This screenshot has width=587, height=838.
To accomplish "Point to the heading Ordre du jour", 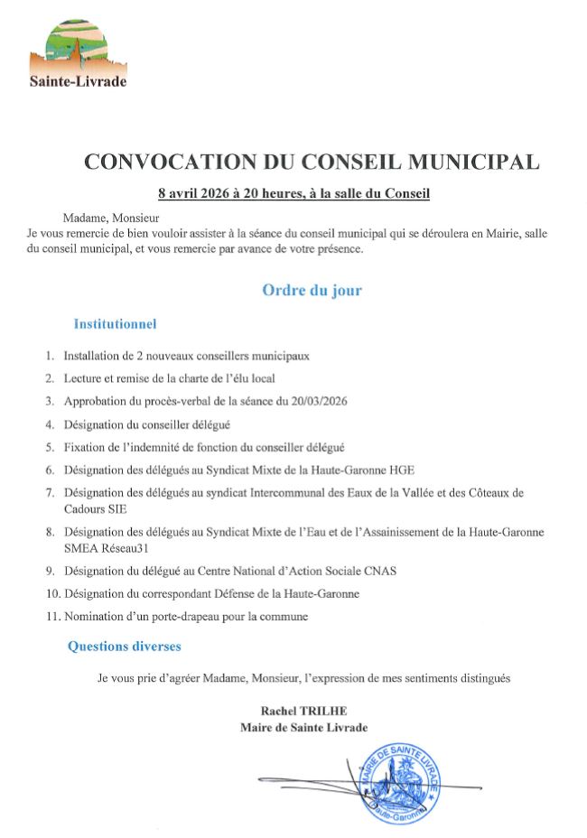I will coord(312,290).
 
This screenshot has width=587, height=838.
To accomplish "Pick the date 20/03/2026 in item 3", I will coord(319,401).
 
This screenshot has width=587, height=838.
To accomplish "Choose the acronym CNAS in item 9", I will coord(379,571).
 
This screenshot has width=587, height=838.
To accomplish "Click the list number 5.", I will coord(51,447).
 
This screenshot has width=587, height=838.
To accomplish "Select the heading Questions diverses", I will coord(125,647).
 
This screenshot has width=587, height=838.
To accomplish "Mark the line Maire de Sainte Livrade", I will coord(303,728).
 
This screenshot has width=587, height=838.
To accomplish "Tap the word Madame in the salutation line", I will coord(85,218).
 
